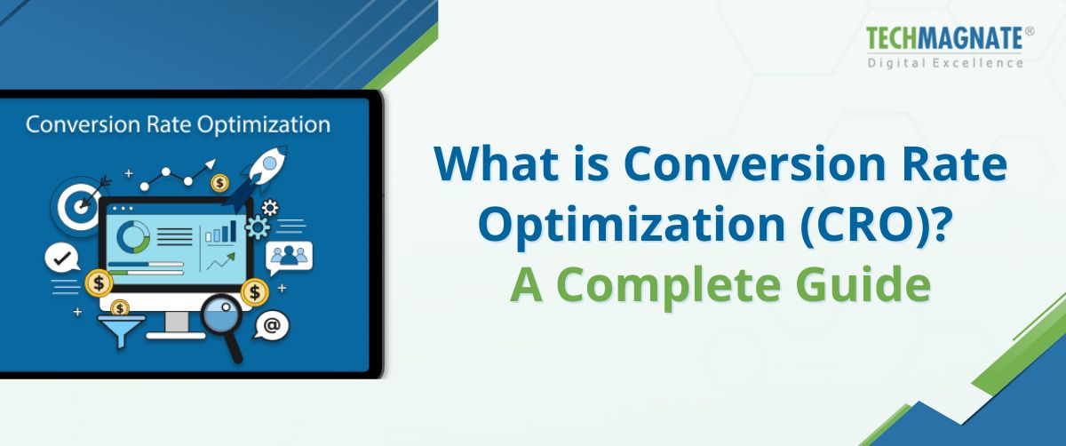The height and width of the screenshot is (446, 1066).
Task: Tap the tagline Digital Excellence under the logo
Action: (945, 62)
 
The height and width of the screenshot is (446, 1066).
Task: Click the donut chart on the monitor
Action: (133, 235)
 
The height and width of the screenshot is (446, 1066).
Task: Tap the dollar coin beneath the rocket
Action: (219, 183)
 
